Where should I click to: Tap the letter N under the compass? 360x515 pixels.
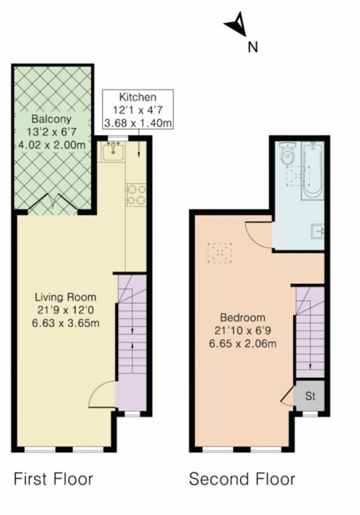click(x=252, y=48)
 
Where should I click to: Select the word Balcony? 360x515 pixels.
click(x=52, y=119)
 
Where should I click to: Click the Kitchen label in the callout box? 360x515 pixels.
click(x=138, y=97)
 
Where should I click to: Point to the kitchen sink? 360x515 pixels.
click(x=113, y=152)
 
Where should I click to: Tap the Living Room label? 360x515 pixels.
click(x=65, y=297)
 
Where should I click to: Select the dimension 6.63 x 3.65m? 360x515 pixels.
click(x=65, y=323)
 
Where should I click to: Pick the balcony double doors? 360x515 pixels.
click(x=53, y=204)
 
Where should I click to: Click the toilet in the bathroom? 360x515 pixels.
click(x=289, y=154)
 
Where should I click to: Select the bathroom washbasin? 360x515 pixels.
click(x=317, y=231)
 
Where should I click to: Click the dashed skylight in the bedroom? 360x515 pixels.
click(x=219, y=253)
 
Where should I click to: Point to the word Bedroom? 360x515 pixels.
click(x=243, y=318)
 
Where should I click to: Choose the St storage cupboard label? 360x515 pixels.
click(x=310, y=396)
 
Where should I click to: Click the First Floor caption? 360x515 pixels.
click(x=53, y=479)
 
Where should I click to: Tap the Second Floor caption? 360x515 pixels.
click(x=242, y=479)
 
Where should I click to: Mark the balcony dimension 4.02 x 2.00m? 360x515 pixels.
click(x=52, y=144)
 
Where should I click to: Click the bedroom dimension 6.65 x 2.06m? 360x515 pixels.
click(x=243, y=344)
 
